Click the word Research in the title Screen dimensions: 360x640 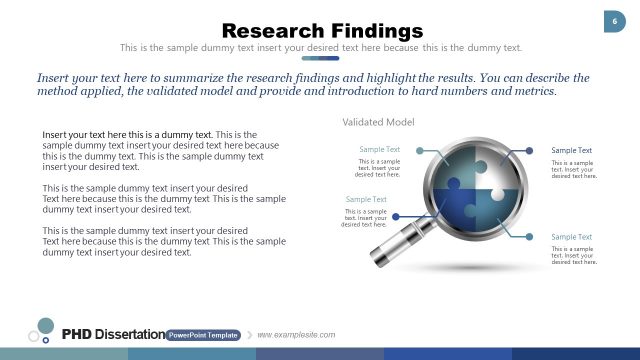(x=267, y=32)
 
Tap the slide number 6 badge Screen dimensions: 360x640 (x=611, y=22)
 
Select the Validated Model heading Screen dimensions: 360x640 (x=378, y=122)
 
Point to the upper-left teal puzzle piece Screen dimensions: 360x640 (x=455, y=168)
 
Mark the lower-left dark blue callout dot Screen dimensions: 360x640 (x=397, y=216)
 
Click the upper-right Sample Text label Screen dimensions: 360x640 (x=571, y=150)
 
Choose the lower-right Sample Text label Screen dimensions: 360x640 (x=571, y=237)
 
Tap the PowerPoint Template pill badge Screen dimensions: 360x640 (x=203, y=335)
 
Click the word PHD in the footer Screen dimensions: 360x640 (x=77, y=334)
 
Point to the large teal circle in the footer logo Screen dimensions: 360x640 (x=45, y=325)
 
